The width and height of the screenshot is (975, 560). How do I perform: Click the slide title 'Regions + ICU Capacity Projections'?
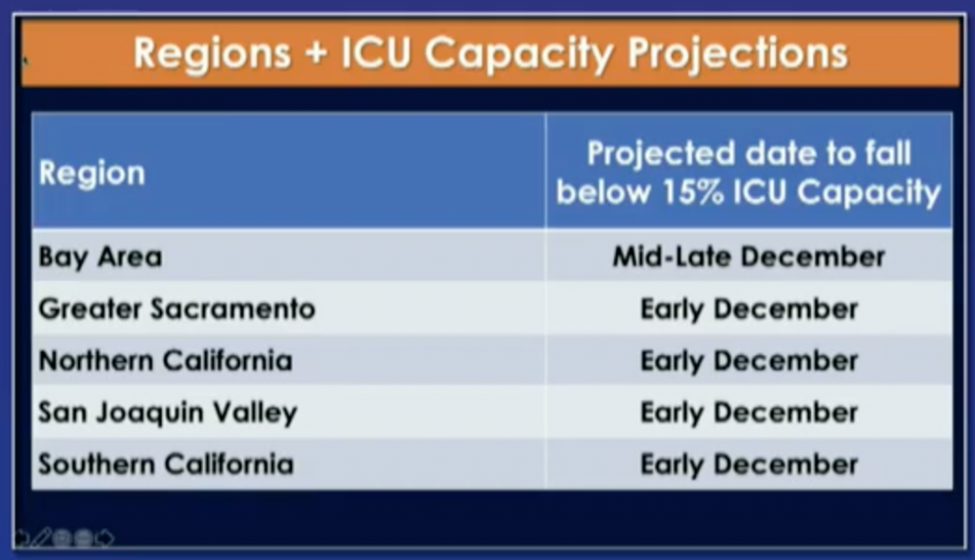pyautogui.click(x=490, y=54)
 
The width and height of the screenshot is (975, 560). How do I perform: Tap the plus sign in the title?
pyautogui.click(x=316, y=53)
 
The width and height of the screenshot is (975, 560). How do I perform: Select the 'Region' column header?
pyautogui.click(x=92, y=173)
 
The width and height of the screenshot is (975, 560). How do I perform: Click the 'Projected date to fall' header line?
pyautogui.click(x=748, y=153)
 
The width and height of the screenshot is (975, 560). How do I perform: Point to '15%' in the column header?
pyautogui.click(x=693, y=191)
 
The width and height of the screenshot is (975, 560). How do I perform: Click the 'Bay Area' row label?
pyautogui.click(x=100, y=257)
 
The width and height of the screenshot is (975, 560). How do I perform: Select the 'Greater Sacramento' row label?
pyautogui.click(x=177, y=309)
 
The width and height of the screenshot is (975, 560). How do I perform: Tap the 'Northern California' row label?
pyautogui.click(x=166, y=361)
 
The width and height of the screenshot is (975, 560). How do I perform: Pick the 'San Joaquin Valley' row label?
pyautogui.click(x=168, y=413)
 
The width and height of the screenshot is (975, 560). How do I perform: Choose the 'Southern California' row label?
pyautogui.click(x=166, y=464)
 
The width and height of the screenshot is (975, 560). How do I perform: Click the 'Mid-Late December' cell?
pyautogui.click(x=748, y=256)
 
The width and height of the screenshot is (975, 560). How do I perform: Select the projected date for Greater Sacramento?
pyautogui.click(x=749, y=310)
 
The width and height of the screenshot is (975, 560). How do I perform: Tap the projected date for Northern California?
pyautogui.click(x=749, y=362)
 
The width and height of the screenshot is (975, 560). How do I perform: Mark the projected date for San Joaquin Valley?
pyautogui.click(x=749, y=413)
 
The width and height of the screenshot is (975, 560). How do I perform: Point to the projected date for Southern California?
pyautogui.click(x=749, y=465)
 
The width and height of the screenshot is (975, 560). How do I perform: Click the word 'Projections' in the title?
pyautogui.click(x=738, y=54)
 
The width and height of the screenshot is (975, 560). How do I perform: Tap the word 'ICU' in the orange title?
pyautogui.click(x=375, y=53)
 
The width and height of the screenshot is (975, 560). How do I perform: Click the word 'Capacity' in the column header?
pyautogui.click(x=869, y=193)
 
